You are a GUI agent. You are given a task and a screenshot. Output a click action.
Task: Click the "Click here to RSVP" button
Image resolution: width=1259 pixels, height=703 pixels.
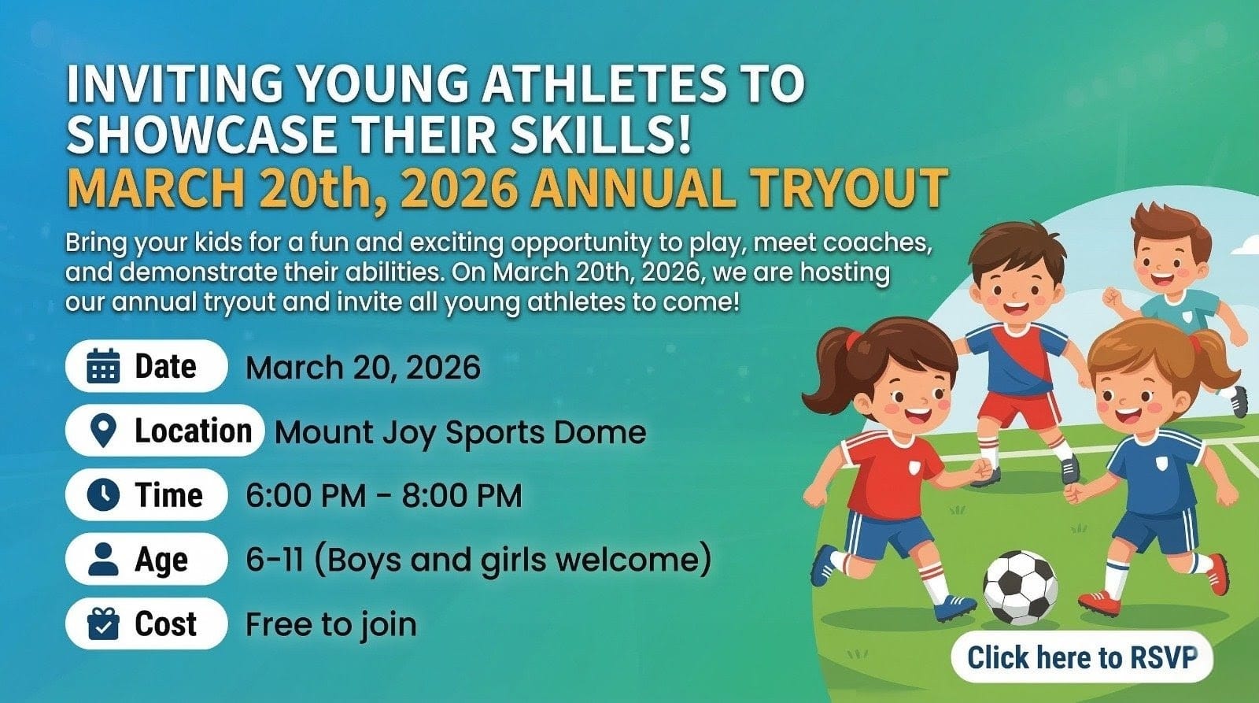[1082, 657]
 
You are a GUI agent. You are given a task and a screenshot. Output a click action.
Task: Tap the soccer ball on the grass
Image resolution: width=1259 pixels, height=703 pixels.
[1020, 588]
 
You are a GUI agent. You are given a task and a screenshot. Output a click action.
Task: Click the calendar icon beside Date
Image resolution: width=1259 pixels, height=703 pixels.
[103, 366]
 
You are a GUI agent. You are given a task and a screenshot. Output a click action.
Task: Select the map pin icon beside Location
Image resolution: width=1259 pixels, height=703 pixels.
[103, 431]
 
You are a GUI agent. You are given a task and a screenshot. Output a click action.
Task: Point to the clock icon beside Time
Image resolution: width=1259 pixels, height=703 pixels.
[103, 495]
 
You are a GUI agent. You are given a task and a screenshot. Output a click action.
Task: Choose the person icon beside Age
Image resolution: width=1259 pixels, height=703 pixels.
[103, 559]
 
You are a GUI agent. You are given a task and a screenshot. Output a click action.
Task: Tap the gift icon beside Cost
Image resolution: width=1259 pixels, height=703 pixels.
[103, 623]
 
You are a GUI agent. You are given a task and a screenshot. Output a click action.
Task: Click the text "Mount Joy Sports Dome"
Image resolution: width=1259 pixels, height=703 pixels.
[460, 432]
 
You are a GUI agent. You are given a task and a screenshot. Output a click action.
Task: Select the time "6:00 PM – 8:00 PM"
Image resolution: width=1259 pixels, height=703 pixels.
[384, 495]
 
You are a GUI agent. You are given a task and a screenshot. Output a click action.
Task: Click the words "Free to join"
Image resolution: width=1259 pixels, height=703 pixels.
[331, 625]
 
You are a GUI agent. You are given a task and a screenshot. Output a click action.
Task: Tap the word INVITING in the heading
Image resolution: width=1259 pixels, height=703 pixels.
[175, 83]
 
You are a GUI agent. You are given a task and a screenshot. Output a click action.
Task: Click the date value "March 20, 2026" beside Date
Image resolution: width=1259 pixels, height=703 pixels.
[363, 368]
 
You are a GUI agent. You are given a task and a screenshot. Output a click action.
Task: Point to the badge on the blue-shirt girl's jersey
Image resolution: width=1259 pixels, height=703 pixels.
[1161, 464]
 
